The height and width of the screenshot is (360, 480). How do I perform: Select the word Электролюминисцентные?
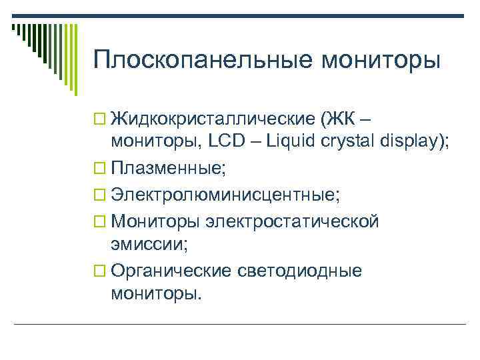(225, 194)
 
